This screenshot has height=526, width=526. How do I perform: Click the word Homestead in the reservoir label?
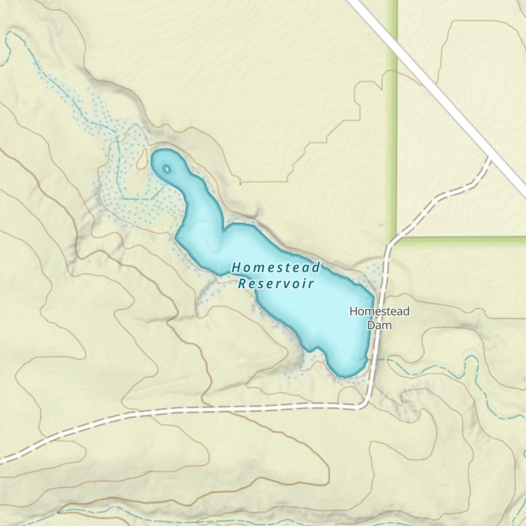[x=276, y=267]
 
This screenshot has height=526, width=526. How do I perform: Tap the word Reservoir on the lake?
[x=276, y=284]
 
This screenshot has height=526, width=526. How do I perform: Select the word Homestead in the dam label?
[x=379, y=311]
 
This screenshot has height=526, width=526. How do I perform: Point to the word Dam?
[x=379, y=325]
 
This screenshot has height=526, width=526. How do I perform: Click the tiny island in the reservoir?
[x=167, y=169]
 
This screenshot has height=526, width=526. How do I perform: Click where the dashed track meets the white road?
[x=490, y=156]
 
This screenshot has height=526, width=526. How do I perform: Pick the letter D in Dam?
[x=371, y=325]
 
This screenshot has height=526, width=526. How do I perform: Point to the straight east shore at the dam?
[x=371, y=326]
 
